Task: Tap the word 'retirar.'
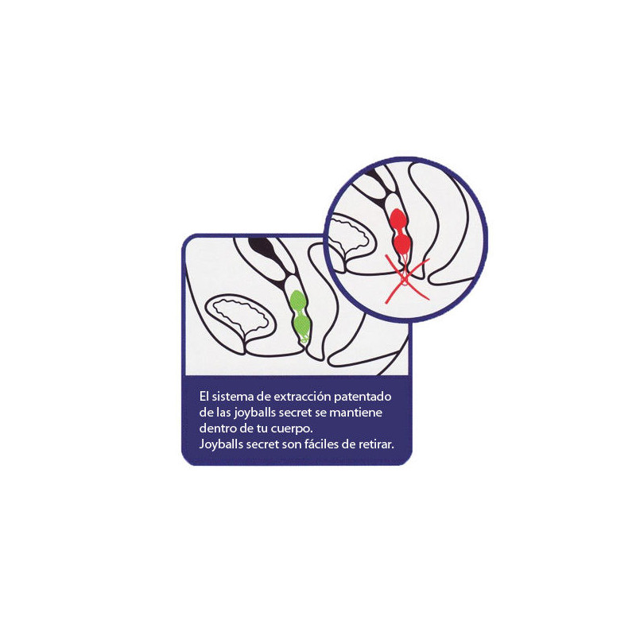[x=376, y=444]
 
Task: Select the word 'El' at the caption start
[x=204, y=396]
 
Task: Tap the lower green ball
[x=302, y=326]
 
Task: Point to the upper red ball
[x=398, y=219]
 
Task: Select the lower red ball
[x=402, y=243]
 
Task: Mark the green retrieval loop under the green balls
[x=304, y=339]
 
